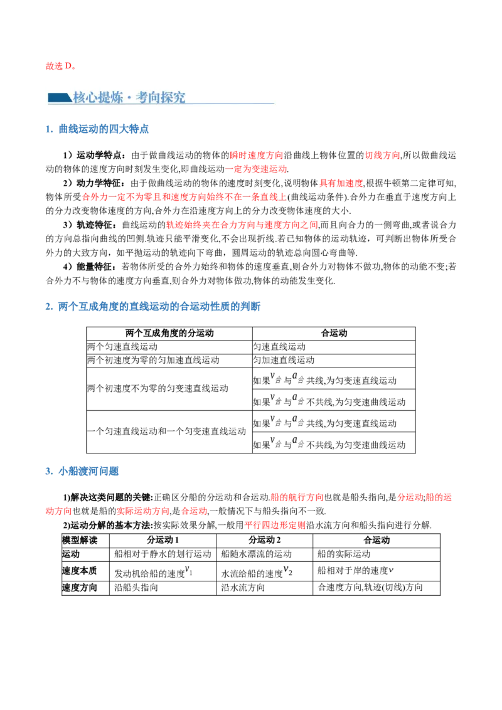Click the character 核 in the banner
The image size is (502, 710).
click(x=80, y=97)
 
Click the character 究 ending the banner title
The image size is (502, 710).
click(x=179, y=97)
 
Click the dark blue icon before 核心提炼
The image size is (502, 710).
click(x=59, y=97)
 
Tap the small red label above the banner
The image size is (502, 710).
click(x=60, y=66)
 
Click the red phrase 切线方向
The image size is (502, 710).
click(x=382, y=156)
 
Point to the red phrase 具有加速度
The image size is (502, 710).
click(x=341, y=183)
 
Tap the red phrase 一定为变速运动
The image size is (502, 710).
click(x=257, y=169)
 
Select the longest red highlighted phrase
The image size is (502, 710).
click(x=184, y=197)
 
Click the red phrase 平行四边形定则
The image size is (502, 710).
click(x=275, y=525)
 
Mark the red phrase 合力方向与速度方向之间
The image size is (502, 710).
click(x=243, y=225)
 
